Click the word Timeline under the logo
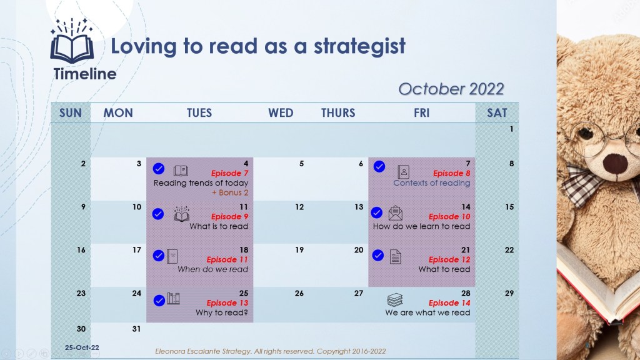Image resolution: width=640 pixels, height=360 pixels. pyautogui.click(x=85, y=74)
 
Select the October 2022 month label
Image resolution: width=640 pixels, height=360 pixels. pyautogui.click(x=451, y=89)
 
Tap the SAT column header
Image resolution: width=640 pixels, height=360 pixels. pyautogui.click(x=497, y=112)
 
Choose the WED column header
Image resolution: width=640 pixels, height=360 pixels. pyautogui.click(x=281, y=112)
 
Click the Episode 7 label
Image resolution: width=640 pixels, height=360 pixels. pyautogui.click(x=229, y=173)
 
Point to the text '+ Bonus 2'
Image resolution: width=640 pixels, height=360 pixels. pyautogui.click(x=230, y=192)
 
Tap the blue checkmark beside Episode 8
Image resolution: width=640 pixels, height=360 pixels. pyautogui.click(x=379, y=166)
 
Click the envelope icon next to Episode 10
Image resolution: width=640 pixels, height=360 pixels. pyautogui.click(x=396, y=213)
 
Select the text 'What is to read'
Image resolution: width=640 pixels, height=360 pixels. pyautogui.click(x=219, y=226)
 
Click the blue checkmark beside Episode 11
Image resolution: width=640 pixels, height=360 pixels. pyautogui.click(x=158, y=256)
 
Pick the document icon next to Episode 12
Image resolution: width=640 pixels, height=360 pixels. pyautogui.click(x=395, y=257)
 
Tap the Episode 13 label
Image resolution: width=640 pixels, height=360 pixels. pyautogui.click(x=227, y=303)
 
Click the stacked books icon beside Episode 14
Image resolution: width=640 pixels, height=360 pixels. pyautogui.click(x=395, y=301)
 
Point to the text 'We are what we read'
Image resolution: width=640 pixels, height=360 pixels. pyautogui.click(x=427, y=312)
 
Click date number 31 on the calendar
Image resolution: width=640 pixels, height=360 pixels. pyautogui.click(x=136, y=329)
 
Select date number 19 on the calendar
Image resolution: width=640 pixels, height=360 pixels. pyautogui.click(x=299, y=250)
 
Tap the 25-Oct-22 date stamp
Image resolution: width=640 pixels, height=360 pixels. pyautogui.click(x=82, y=347)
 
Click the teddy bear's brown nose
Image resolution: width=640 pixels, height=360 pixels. pyautogui.click(x=615, y=164)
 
